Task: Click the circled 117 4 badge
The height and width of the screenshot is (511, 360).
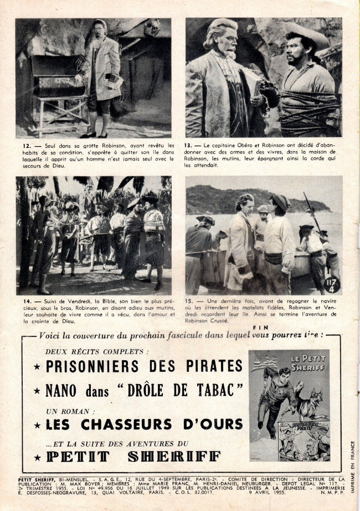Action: [x=332, y=284]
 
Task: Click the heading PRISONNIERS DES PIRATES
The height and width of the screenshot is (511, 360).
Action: [x=144, y=366]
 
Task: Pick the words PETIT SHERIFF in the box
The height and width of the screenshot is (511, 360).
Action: [x=133, y=457]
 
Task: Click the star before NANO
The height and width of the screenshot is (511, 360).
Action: [x=37, y=391]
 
